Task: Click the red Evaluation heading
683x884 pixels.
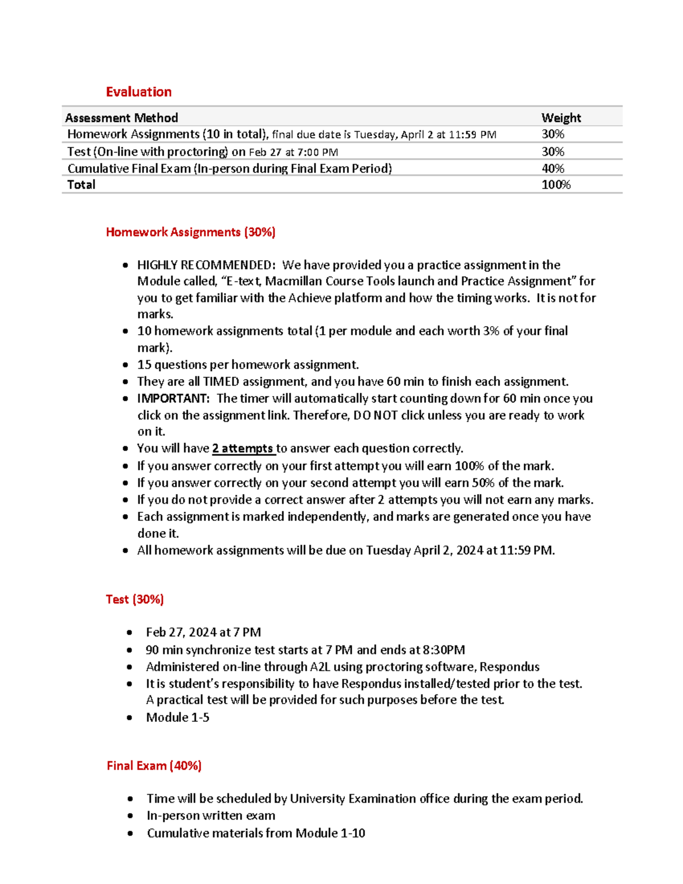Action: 138,92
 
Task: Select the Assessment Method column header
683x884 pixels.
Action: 121,118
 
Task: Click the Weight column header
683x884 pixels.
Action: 561,118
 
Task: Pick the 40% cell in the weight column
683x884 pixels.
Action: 553,168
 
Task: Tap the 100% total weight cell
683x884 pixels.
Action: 556,184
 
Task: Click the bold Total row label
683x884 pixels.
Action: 81,184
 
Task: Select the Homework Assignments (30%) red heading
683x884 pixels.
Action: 190,232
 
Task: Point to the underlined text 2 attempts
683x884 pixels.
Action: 243,449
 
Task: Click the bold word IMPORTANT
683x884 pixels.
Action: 173,398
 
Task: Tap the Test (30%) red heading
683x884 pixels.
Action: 134,599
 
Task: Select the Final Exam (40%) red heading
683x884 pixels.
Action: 154,766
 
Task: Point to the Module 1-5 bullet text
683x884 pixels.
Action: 178,717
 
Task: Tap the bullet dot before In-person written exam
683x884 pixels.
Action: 130,816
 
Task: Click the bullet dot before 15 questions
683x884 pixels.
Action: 125,365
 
